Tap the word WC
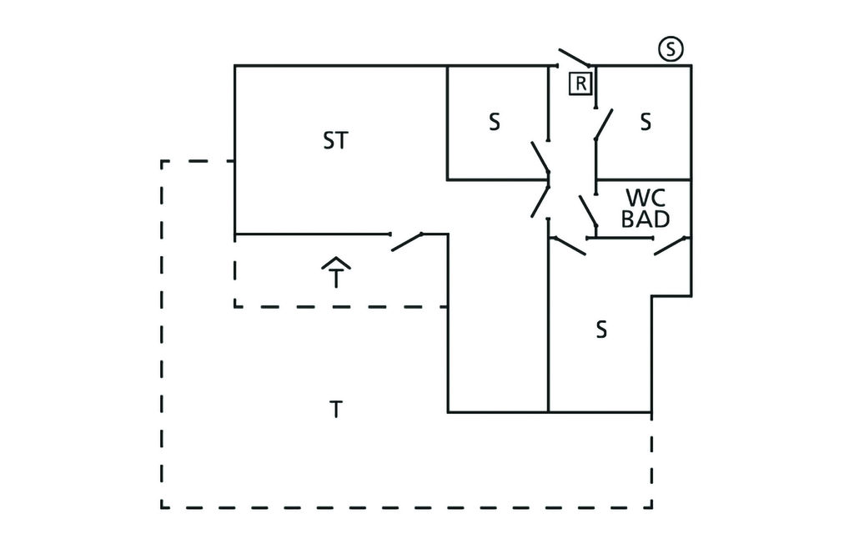click(x=646, y=199)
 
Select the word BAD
click(x=646, y=219)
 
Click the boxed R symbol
click(x=580, y=83)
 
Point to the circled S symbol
click(x=671, y=49)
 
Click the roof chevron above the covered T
click(x=336, y=263)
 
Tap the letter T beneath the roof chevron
click(x=336, y=278)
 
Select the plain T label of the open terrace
click(x=335, y=411)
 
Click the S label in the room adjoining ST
click(x=495, y=123)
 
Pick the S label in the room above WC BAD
click(x=646, y=123)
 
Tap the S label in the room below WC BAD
click(x=600, y=330)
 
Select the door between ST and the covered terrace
click(x=407, y=241)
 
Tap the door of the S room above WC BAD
click(x=603, y=124)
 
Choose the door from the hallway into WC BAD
click(x=589, y=213)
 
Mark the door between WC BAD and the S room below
click(x=671, y=245)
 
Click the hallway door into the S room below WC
click(x=568, y=245)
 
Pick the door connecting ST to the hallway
click(x=540, y=200)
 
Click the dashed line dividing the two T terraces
click(x=342, y=307)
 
